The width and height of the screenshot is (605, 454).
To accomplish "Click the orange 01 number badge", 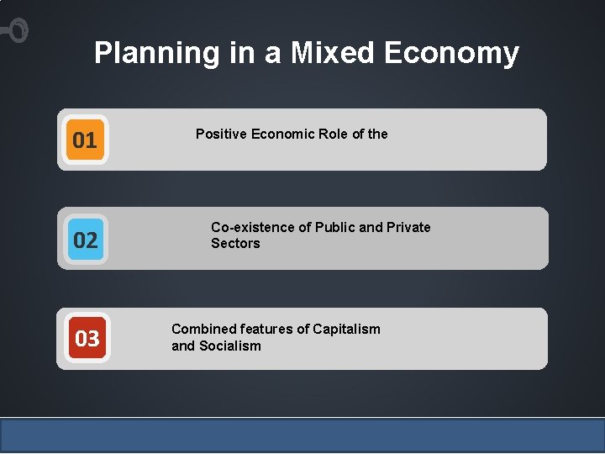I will (85, 140).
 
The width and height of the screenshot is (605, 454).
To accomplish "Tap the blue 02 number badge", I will (86, 240).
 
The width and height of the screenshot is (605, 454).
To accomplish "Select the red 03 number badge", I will (87, 339).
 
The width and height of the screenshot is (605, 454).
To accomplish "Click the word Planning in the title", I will (156, 53).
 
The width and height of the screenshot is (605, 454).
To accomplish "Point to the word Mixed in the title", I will (333, 53).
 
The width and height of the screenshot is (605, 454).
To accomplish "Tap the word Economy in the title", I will (452, 53).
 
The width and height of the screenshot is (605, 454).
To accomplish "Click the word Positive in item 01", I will (220, 134).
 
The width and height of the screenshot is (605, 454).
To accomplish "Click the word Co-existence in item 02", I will (253, 227).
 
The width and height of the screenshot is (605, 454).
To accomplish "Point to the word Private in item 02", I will (408, 227).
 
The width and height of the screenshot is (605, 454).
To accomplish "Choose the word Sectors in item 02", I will (235, 244).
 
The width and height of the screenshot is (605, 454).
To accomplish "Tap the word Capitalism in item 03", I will (347, 329).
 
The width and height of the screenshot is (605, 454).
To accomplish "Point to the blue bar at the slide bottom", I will (302, 435).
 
